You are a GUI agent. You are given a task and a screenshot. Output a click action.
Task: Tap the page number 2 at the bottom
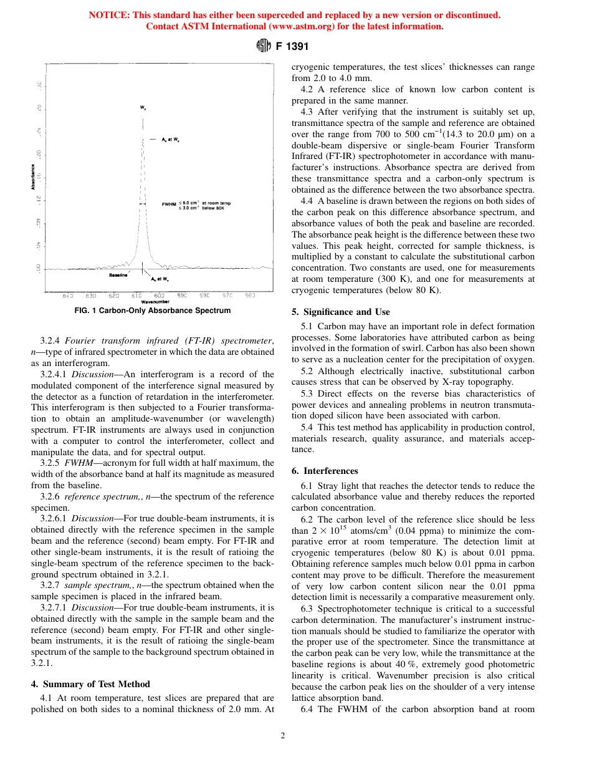[282, 736]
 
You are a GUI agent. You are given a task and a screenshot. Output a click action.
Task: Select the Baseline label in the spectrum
[118, 275]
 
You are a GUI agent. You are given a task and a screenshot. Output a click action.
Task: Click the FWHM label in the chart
[168, 204]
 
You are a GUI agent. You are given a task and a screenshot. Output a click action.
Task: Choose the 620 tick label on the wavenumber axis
[114, 295]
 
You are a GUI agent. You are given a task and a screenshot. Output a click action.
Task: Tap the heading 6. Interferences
[325, 471]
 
